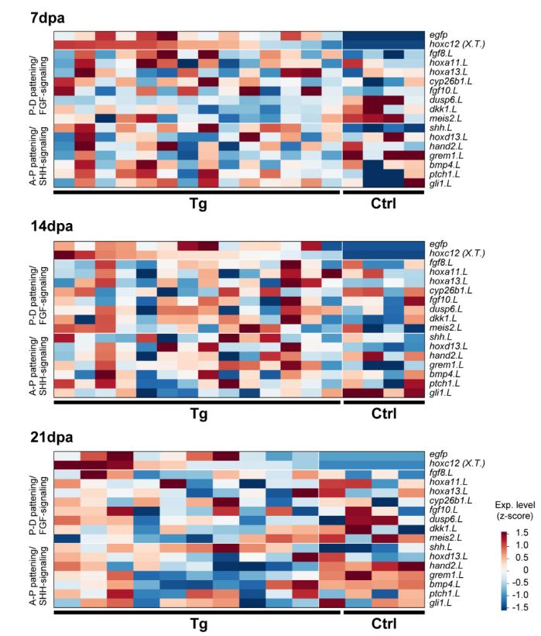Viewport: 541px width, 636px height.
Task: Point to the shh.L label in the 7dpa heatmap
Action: (x=442, y=127)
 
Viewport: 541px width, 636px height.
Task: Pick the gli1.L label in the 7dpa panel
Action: (x=443, y=183)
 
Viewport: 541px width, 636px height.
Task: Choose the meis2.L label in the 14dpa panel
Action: (x=446, y=327)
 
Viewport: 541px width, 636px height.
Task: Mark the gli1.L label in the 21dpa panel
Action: (x=443, y=603)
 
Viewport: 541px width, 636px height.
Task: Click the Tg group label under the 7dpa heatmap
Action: (x=198, y=203)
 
